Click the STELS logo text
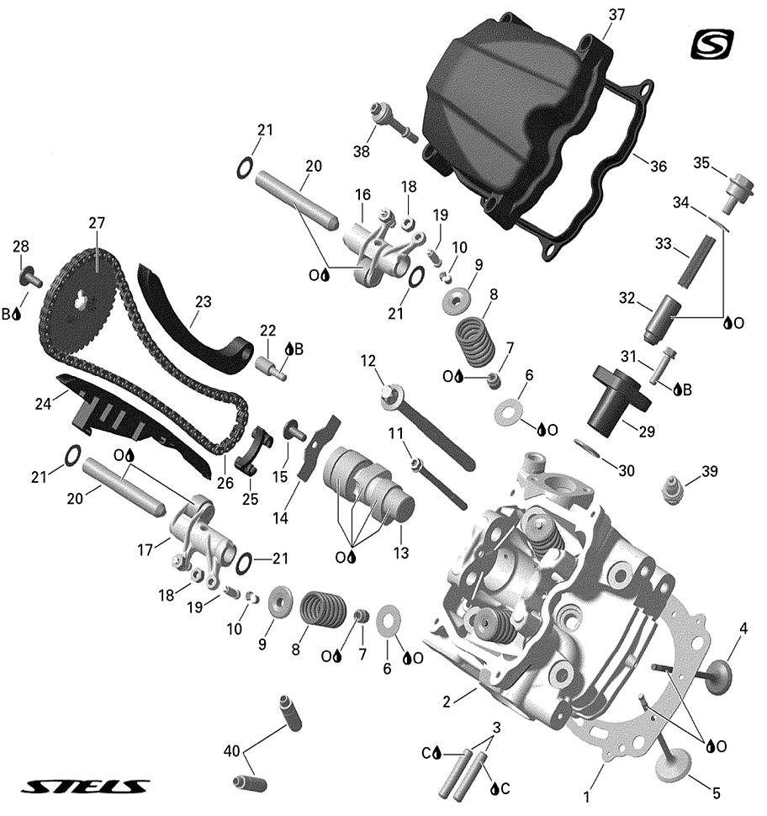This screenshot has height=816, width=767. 85,787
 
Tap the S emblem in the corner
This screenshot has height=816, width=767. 712,44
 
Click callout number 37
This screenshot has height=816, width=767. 616,15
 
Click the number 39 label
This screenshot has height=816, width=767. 710,472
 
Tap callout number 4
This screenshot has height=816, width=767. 743,628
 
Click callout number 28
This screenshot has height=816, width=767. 20,246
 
